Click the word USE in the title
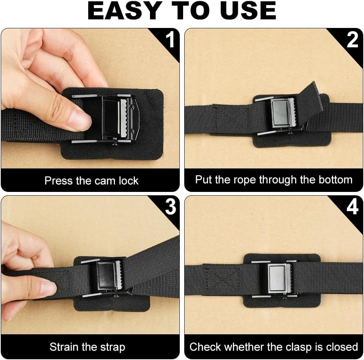pyautogui.click(x=248, y=11)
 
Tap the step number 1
pyautogui.click(x=170, y=40)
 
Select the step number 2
pyautogui.click(x=352, y=40)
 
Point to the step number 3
pyautogui.click(x=170, y=206)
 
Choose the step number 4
pyautogui.click(x=352, y=206)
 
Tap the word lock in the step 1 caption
pyautogui.click(x=129, y=181)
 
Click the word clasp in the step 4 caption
pyautogui.click(x=299, y=347)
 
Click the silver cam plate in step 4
pyautogui.click(x=277, y=278)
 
